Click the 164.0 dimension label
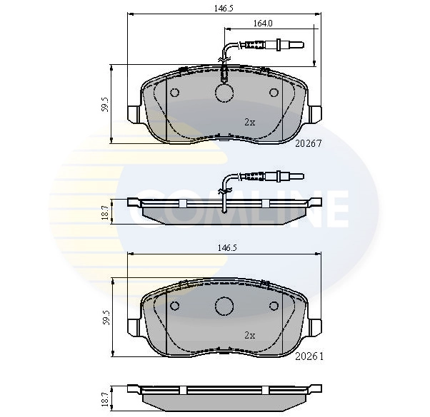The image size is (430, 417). [x=262, y=24]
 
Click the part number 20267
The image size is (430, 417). [x=308, y=143]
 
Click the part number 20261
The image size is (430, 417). [x=309, y=356]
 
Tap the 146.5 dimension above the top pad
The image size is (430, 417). [x=224, y=9]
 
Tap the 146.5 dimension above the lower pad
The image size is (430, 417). [x=227, y=248]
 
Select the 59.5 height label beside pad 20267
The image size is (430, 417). [x=105, y=104]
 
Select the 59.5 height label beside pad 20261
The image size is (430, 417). [x=106, y=317]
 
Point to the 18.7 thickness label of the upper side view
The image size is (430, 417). [x=105, y=212]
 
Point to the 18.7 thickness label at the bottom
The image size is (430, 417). [x=105, y=398]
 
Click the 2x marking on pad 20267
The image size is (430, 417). [x=249, y=123]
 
